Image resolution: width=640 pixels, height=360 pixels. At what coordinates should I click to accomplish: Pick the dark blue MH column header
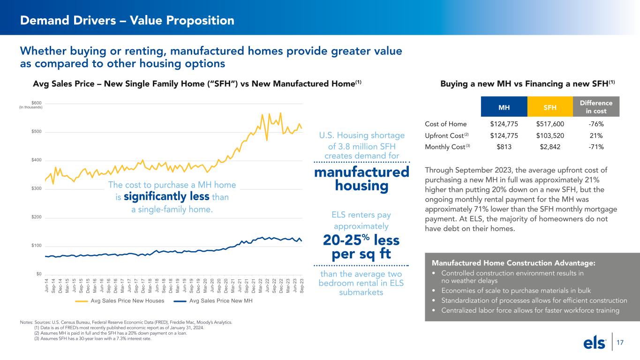(504, 107)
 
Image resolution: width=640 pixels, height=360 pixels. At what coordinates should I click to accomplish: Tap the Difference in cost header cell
(596, 107)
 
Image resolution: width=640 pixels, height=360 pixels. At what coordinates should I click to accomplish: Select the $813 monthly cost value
(504, 147)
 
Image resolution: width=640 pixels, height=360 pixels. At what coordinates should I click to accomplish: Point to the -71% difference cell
(596, 147)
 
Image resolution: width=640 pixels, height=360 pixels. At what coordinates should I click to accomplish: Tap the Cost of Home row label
(445, 124)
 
